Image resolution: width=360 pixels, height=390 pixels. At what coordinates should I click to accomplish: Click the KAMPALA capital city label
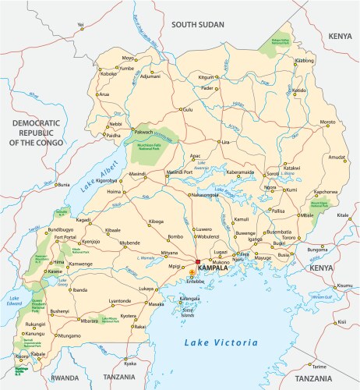[x=214, y=269]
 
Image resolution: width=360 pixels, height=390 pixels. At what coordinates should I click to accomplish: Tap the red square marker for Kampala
[x=198, y=263]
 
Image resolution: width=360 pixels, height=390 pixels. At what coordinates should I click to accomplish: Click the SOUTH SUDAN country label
[x=203, y=24]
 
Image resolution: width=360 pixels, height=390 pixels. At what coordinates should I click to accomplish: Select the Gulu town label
[x=187, y=110]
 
